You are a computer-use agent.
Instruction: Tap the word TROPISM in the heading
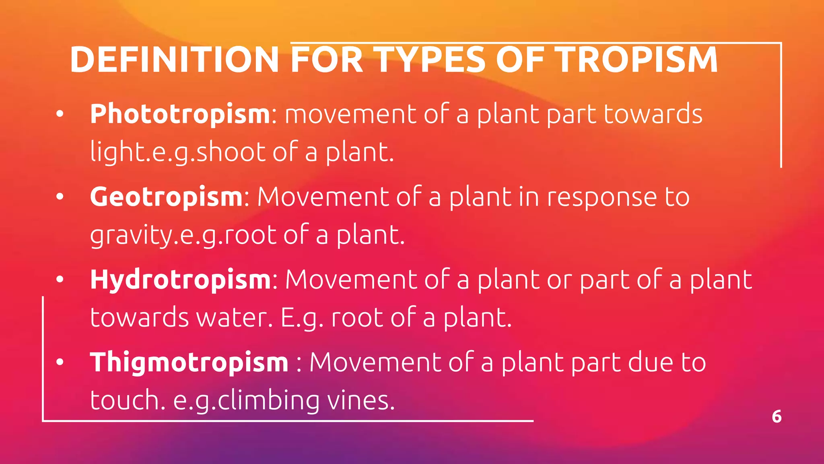[x=637, y=60]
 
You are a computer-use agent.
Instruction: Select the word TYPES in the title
[x=431, y=60]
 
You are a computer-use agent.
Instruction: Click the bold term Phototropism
[x=180, y=114]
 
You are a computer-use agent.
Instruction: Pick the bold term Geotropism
[x=166, y=197]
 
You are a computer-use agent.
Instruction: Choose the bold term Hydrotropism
[x=181, y=280]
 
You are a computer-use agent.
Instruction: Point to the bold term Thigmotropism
[x=189, y=362]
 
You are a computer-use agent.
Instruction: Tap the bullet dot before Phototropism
[x=60, y=114]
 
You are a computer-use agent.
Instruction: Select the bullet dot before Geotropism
[x=60, y=197]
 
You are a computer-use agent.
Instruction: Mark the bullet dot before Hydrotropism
[x=60, y=280]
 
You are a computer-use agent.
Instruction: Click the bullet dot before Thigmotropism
[x=60, y=362]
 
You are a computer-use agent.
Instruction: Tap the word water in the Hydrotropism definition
[x=231, y=318]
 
